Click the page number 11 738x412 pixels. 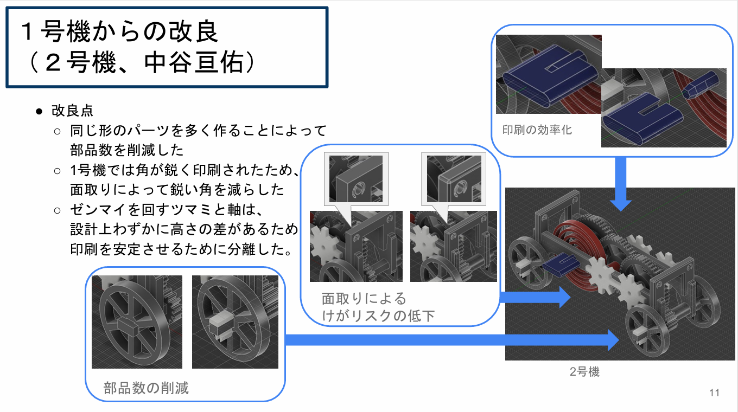[714, 392]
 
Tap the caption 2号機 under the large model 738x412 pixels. [584, 372]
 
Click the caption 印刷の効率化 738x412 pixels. [537, 130]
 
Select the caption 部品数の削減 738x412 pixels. [146, 388]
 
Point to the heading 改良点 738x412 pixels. [73, 111]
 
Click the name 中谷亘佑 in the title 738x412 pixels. [194, 62]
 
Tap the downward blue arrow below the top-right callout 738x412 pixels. [621, 184]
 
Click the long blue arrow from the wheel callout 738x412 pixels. [452, 340]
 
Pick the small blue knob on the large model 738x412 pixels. [561, 265]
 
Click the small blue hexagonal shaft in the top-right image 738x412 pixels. [700, 85]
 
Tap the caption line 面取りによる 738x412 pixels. [364, 299]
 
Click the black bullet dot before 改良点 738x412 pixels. [39, 112]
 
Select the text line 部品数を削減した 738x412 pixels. [127, 150]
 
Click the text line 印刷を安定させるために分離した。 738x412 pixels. [181, 249]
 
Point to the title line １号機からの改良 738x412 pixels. [119, 31]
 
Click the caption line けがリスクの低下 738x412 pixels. [378, 316]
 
